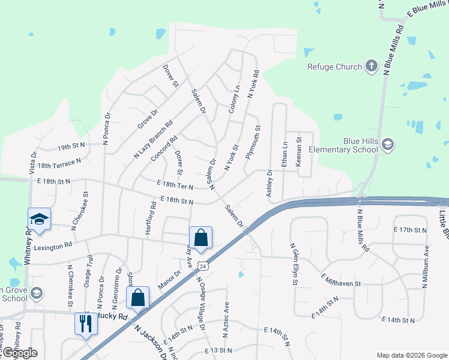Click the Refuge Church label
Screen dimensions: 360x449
pos(334,67)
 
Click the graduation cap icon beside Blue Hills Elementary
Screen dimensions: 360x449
pos(388,144)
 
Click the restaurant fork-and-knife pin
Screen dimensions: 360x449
pos(85,324)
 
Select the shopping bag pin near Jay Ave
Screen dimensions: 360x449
pos(200,238)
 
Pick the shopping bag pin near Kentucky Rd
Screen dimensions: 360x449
pos(138,298)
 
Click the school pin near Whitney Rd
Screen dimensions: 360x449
pos(39,220)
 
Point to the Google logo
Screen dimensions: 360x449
pos(20,353)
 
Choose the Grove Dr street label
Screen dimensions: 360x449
pos(147,118)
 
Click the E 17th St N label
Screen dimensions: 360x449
pos(410,230)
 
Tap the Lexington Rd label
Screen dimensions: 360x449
pos(53,245)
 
